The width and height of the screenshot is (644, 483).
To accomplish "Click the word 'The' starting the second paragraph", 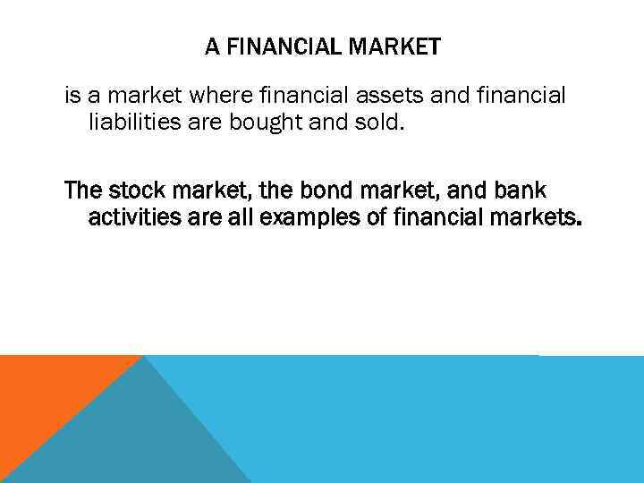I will coord(83,191).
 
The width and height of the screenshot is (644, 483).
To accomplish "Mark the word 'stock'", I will coord(134,191).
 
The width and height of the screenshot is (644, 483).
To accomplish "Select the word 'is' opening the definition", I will coord(71,96).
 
